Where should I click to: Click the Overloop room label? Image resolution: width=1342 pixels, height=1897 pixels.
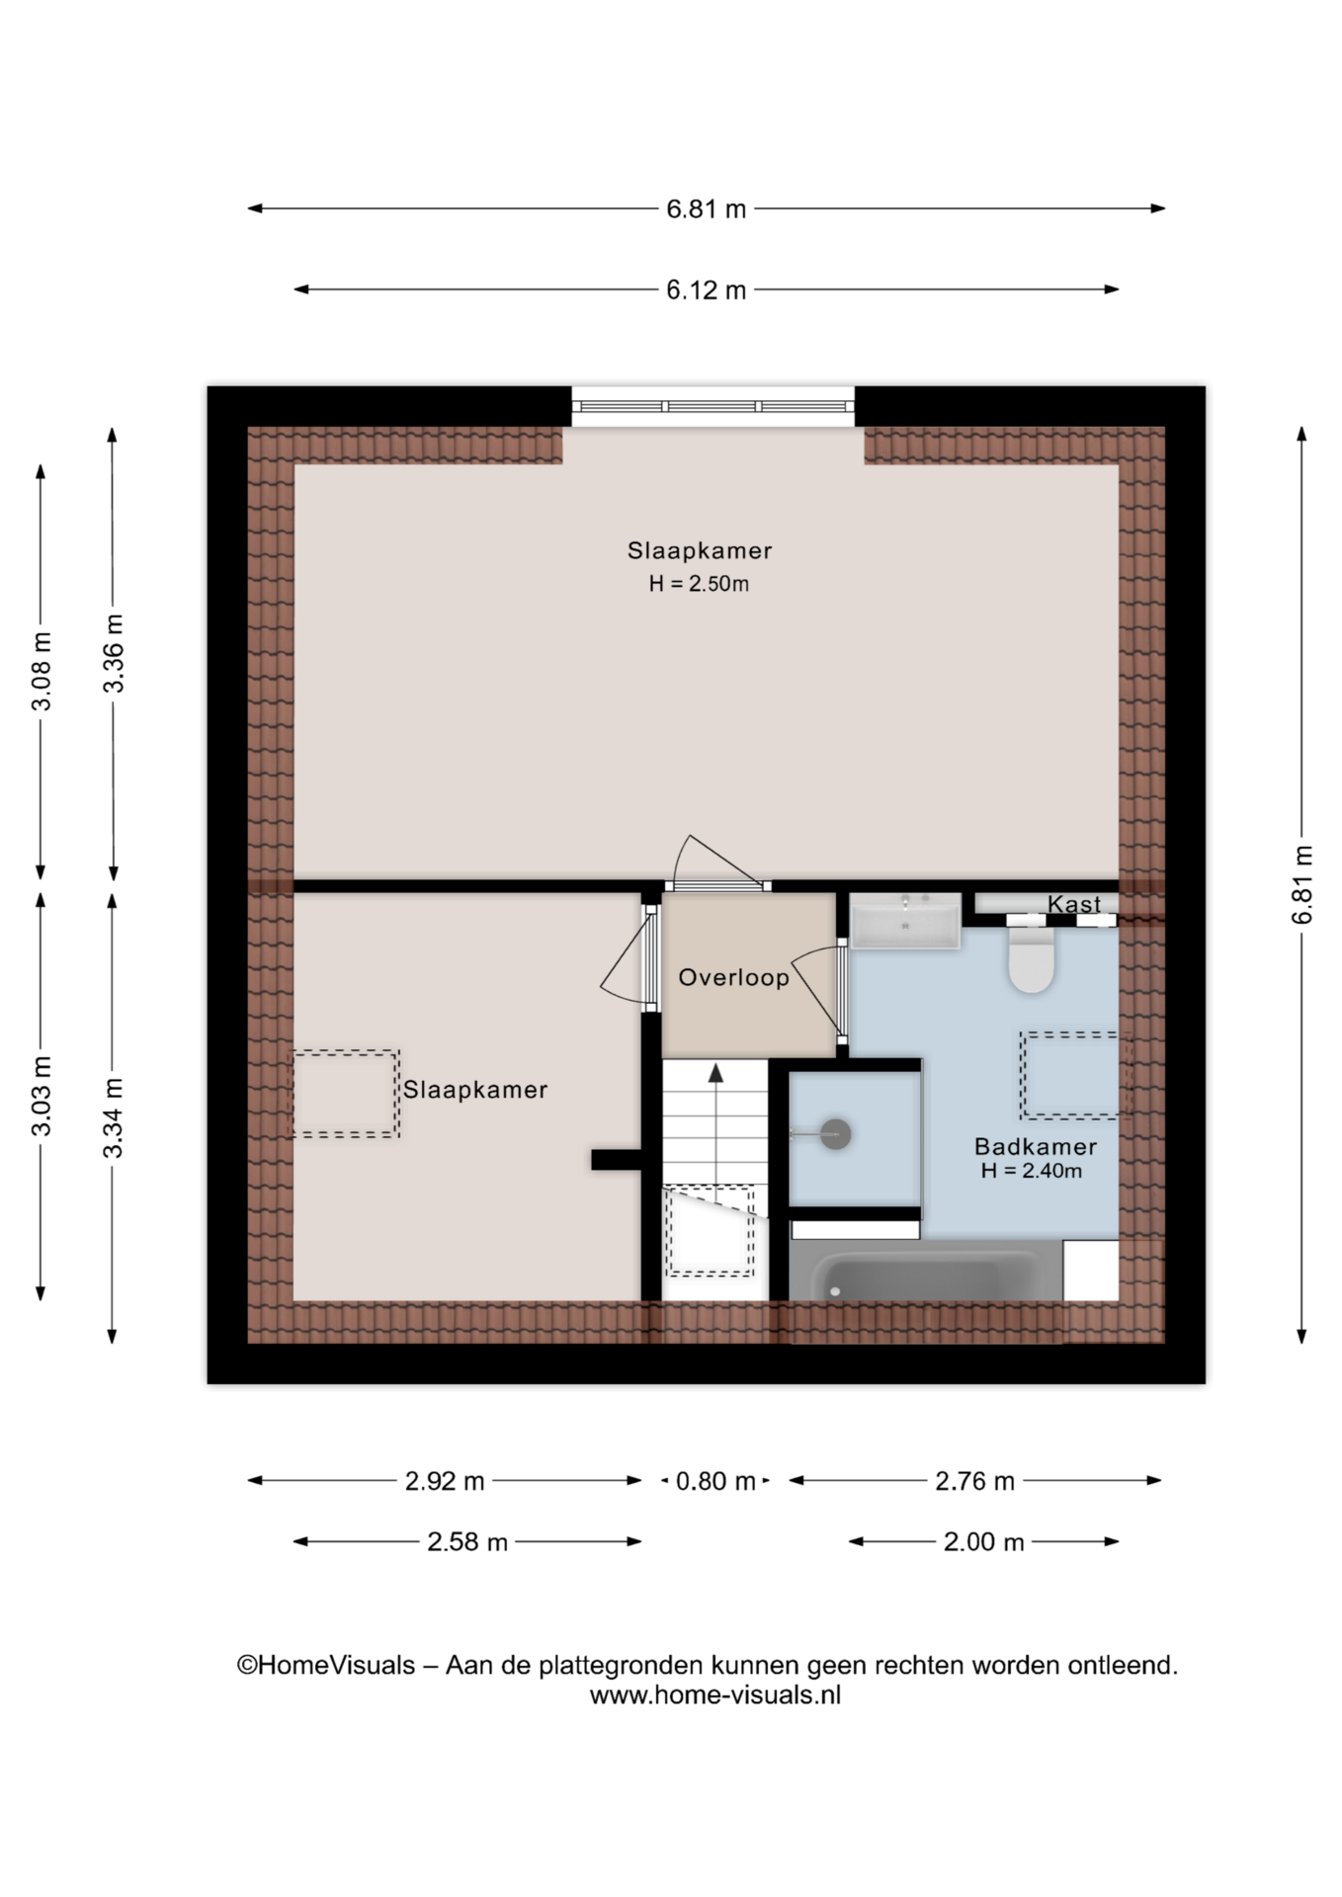(733, 977)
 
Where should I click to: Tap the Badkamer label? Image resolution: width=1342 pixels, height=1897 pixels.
(1036, 1146)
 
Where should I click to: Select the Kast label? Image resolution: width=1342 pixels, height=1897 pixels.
(1074, 904)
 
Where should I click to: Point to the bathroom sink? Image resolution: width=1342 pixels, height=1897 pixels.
(905, 921)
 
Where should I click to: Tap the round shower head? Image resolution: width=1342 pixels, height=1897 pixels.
(836, 1134)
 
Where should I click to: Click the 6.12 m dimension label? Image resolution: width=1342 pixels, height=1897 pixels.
(706, 289)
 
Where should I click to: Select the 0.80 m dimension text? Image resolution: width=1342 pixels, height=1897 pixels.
(715, 1481)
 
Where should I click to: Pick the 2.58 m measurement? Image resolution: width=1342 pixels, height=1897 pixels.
(467, 1541)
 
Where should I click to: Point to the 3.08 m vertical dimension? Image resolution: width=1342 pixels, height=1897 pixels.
(42, 672)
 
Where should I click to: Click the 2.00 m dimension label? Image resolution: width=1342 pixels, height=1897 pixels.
(983, 1541)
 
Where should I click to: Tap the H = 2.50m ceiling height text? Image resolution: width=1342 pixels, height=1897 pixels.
(699, 584)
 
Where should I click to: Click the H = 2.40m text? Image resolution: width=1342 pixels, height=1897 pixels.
(1032, 1172)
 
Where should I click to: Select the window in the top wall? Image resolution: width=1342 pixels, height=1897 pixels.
(713, 406)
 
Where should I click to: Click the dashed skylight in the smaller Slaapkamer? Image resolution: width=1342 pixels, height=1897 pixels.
(346, 1094)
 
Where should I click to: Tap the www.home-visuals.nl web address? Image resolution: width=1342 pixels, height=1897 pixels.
(715, 1695)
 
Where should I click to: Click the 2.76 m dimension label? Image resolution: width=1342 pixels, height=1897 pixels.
(974, 1481)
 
